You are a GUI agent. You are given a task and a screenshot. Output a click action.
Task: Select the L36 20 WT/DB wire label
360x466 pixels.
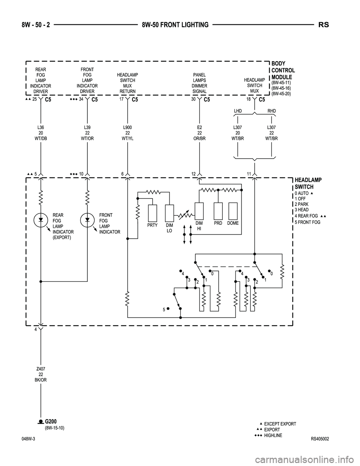coord(40,133)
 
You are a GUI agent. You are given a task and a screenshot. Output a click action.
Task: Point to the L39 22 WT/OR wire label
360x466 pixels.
coord(87,133)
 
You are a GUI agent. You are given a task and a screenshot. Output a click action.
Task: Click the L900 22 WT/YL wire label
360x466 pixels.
coord(127,133)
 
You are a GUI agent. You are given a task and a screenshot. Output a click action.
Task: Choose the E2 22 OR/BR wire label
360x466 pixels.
coord(199,133)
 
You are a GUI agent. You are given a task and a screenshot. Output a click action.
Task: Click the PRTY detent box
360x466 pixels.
coord(153,213)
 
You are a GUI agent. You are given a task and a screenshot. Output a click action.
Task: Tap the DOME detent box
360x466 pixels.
coord(233,211)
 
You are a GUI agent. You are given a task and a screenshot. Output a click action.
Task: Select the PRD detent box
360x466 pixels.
coord(218,211)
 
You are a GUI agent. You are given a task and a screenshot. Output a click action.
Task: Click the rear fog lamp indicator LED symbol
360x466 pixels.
coord(40,219)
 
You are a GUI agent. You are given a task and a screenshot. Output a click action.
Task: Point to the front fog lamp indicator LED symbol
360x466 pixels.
coord(87,219)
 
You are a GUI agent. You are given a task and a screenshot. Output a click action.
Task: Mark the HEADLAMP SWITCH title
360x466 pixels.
coord(308,183)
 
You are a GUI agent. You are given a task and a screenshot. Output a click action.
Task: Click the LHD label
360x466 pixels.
coord(238,111)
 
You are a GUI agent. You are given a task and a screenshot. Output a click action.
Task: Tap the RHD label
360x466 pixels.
coord(271,111)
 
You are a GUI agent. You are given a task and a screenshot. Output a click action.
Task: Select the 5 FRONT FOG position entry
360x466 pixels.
coord(307,222)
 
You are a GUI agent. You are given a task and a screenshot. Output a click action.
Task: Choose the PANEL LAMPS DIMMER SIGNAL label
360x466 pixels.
coord(199,83)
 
